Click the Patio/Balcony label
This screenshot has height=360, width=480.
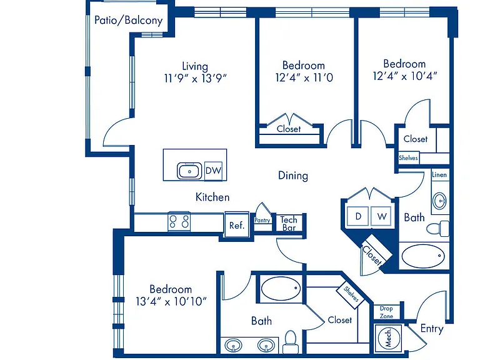click(x=128, y=21)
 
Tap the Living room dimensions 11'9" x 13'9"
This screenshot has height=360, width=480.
click(x=195, y=79)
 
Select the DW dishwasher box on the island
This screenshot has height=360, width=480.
click(x=213, y=171)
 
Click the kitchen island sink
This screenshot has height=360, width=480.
click(x=189, y=171)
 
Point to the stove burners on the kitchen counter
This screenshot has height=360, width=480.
click(x=179, y=221)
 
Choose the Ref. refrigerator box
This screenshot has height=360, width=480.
click(x=237, y=224)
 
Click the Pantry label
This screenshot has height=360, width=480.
click(x=262, y=220)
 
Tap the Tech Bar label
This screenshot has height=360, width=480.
click(x=289, y=224)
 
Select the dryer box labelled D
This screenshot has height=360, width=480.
click(x=357, y=216)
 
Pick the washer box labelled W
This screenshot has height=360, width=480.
click(x=381, y=216)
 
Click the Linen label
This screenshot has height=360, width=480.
click(x=439, y=175)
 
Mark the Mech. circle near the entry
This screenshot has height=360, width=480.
click(x=389, y=338)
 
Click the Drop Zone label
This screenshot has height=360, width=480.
click(x=386, y=312)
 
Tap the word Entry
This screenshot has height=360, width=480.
click(x=432, y=329)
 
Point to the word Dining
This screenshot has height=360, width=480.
click(x=293, y=176)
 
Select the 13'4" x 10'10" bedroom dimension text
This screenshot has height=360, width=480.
click(x=171, y=301)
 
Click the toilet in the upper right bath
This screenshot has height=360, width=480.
click(x=437, y=228)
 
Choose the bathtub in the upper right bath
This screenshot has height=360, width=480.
click(x=423, y=256)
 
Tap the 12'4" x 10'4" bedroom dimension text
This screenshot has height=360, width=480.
click(x=405, y=76)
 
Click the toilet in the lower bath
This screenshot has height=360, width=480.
click(x=290, y=342)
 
